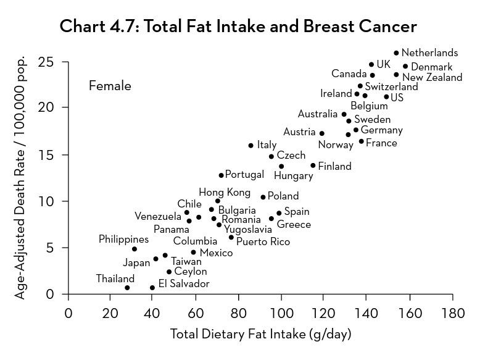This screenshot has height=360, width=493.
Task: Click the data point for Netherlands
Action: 396,53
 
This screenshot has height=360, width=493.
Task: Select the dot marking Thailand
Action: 127,288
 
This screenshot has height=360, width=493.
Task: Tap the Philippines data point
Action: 135,249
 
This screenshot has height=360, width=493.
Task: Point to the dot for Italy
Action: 251,146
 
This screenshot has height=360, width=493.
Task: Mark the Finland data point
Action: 313,165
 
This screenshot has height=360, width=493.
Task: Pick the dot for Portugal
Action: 221,175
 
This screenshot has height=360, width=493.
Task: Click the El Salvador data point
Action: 152,288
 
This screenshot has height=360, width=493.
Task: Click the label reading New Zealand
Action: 432,78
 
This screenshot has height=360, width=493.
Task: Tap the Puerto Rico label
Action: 263,242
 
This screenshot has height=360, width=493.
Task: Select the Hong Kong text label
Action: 225,193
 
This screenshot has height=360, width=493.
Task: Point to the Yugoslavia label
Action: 247,230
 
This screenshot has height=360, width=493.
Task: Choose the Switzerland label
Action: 391,87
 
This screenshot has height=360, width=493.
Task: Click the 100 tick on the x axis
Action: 281,313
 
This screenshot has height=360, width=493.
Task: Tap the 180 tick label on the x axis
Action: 452,313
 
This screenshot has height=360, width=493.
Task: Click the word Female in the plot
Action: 110,86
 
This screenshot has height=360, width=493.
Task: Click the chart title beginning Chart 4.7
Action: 238,27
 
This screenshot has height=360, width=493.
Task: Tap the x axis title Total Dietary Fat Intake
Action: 260,335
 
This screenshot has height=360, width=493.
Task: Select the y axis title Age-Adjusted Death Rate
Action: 20,178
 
